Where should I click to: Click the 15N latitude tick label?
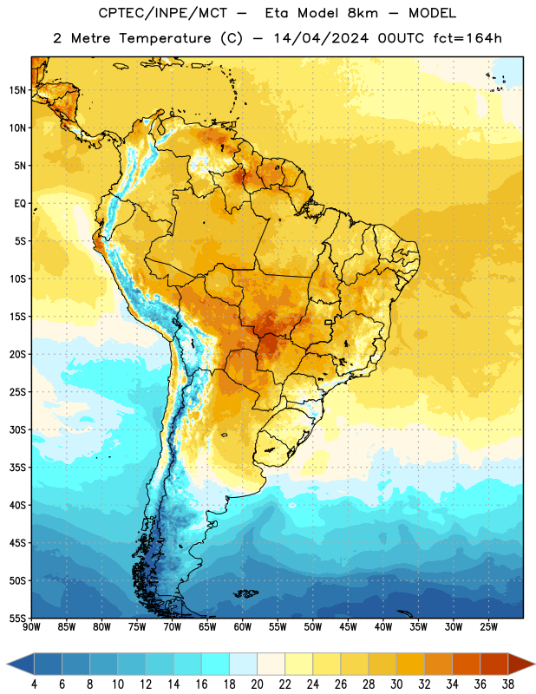coord(17,90)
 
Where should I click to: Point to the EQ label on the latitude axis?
coord(20,204)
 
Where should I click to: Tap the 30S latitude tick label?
coord(17,429)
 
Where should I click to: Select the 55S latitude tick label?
coord(17,619)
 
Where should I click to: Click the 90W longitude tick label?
coord(31,627)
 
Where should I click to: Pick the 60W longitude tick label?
coord(243,627)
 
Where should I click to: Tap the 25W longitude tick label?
coord(488,627)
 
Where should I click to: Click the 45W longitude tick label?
coord(348,627)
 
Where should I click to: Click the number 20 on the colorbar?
coord(257,684)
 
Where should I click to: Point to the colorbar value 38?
coord(508,684)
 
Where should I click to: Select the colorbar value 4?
coord(34,684)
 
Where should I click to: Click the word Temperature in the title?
coord(165,38)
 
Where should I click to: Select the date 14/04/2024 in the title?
coord(321,38)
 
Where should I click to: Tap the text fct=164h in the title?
coord(467,38)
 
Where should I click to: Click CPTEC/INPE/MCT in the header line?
coord(162,13)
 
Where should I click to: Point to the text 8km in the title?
coord(363,13)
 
